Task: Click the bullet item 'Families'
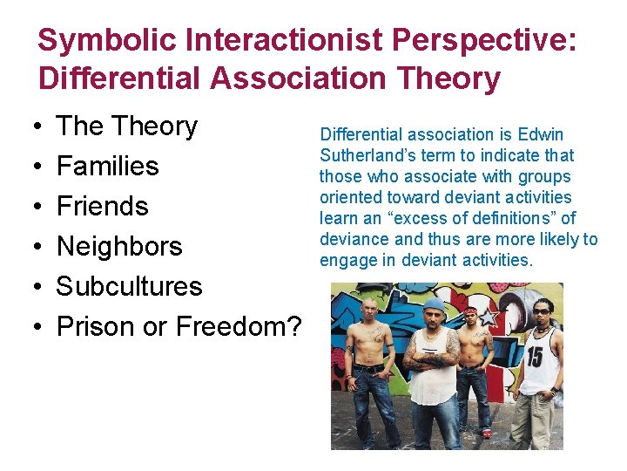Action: tap(107, 166)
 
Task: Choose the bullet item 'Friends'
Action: tap(102, 206)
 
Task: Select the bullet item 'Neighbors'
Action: tap(119, 246)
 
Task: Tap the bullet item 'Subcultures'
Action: tap(129, 286)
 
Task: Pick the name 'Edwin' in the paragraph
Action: tap(542, 134)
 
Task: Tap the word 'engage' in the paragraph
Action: tap(345, 260)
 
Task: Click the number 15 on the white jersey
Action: tap(532, 357)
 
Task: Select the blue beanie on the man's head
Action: tap(434, 304)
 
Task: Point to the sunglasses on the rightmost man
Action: tap(541, 311)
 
